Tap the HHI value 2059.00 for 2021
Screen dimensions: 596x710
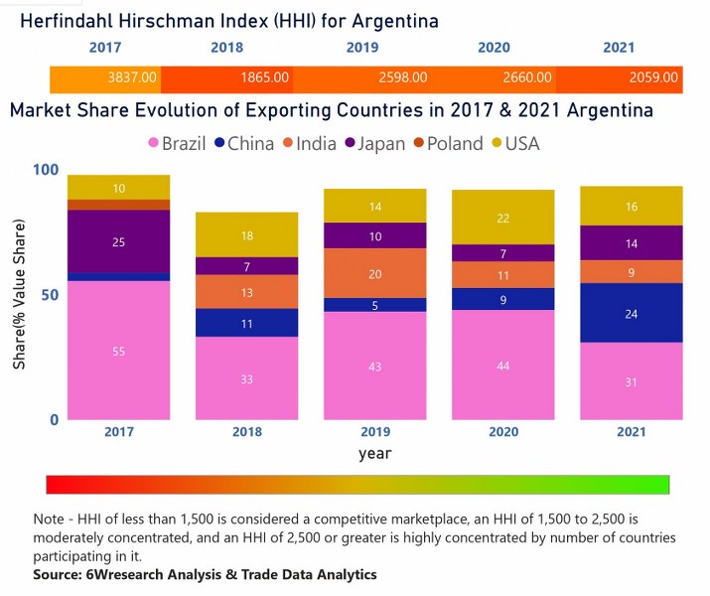[653, 76]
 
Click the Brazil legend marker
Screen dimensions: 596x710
[154, 144]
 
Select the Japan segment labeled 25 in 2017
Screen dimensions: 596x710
[119, 241]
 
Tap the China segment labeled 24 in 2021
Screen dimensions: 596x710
[632, 313]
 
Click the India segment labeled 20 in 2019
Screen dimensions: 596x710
[375, 273]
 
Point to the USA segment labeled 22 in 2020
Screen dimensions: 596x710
[503, 218]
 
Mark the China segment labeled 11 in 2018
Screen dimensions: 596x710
[246, 323]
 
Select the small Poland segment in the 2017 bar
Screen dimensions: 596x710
[119, 205]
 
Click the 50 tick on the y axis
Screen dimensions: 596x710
[48, 295]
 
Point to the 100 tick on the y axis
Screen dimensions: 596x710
[44, 170]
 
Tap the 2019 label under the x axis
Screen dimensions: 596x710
[375, 432]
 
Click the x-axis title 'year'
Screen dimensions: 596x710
[375, 453]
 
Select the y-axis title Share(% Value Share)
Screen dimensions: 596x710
[19, 295]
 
